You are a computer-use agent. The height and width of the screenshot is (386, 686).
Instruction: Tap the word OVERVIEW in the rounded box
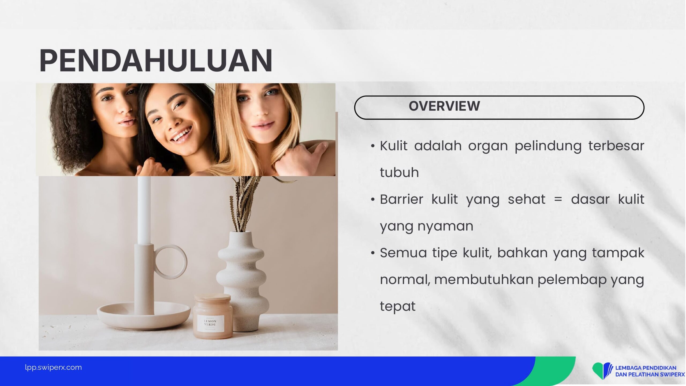click(444, 106)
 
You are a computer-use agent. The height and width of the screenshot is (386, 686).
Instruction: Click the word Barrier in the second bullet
click(401, 199)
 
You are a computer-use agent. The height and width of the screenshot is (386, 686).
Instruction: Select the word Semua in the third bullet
click(403, 253)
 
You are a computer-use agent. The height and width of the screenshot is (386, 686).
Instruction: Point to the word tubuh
click(399, 172)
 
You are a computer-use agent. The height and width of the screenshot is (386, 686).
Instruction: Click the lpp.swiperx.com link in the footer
click(53, 367)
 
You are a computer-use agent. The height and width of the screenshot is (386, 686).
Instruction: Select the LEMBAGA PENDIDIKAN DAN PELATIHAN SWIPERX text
click(650, 371)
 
